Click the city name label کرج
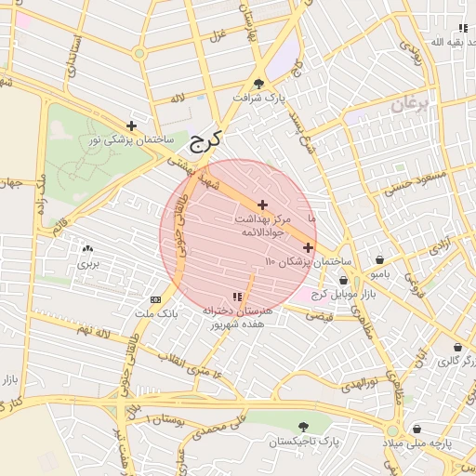click(x=205, y=142)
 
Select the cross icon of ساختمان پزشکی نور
click(x=131, y=126)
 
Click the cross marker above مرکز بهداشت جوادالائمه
click(x=262, y=205)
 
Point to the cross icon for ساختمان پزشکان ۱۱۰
click(x=308, y=247)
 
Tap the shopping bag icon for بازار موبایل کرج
click(x=343, y=280)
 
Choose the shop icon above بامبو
click(x=379, y=261)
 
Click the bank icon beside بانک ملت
click(x=154, y=299)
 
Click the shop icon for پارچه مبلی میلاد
click(x=417, y=430)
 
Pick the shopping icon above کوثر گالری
click(x=456, y=347)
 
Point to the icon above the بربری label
click(x=88, y=249)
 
